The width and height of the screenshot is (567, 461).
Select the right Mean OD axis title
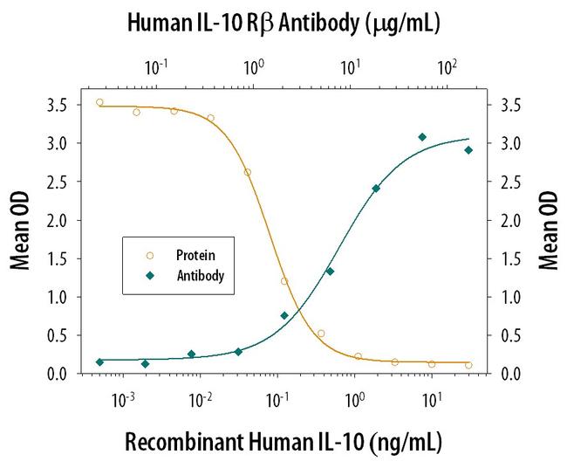[548, 231]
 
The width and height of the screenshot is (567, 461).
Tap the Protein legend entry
[194, 256]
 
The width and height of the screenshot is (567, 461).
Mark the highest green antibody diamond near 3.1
[422, 137]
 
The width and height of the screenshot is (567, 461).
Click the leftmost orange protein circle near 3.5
[99, 102]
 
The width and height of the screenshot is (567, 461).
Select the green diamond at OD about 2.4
[376, 189]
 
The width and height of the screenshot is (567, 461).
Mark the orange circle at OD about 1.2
[284, 281]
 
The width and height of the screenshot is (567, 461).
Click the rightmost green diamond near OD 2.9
[468, 150]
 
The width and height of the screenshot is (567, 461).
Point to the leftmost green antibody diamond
[99, 361]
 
